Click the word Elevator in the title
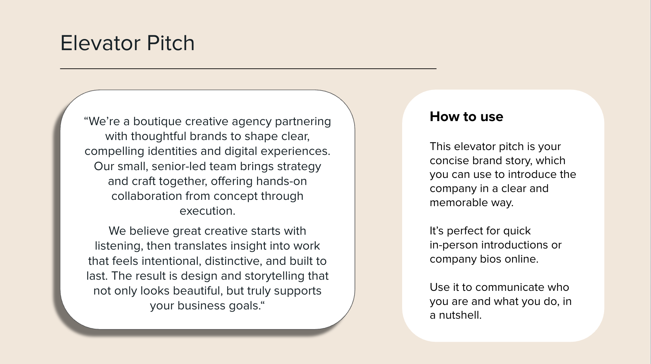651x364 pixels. coord(101,43)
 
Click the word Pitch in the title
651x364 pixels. coord(171,43)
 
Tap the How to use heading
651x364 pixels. coord(466,117)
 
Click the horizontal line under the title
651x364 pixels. coord(248,69)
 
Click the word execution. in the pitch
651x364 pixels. coord(207,211)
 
